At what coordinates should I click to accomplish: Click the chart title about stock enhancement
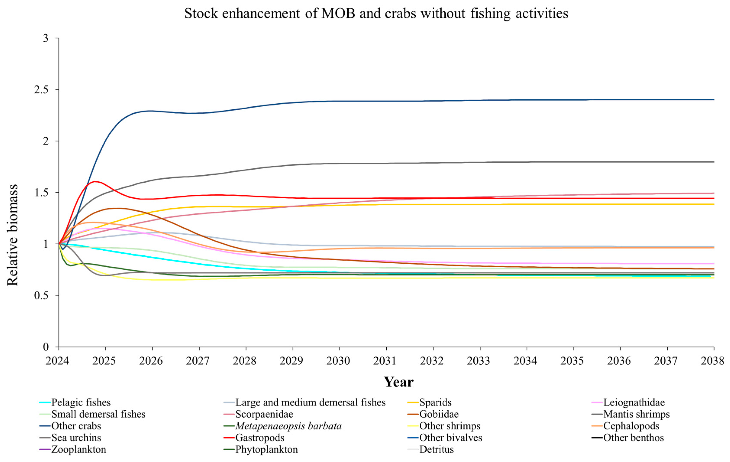(376, 13)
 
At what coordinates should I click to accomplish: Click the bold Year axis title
(398, 382)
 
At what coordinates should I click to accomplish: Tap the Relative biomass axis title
(13, 235)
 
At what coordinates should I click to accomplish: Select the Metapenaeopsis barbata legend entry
(288, 426)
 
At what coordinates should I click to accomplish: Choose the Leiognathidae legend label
(634, 402)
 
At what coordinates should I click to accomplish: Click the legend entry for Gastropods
(260, 438)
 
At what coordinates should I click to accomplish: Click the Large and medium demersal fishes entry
(310, 402)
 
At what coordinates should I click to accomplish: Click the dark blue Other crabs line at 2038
(713, 99)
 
